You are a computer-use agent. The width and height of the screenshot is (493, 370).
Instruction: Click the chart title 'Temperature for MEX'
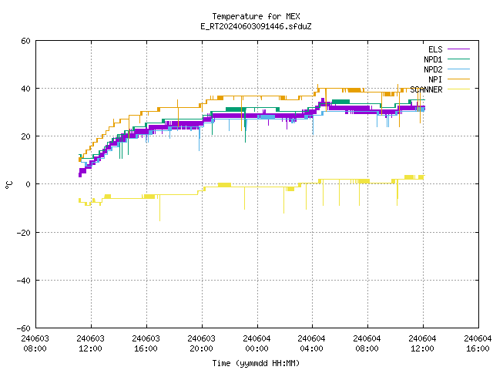point(256,16)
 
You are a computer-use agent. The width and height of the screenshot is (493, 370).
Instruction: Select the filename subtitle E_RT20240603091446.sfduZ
point(256,26)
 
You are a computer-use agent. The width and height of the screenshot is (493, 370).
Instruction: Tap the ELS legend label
point(435,49)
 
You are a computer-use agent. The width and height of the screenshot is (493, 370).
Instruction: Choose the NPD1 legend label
point(433,59)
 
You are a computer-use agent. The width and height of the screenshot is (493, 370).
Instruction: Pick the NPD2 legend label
point(433,69)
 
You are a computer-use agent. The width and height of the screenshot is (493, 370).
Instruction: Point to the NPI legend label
point(435,79)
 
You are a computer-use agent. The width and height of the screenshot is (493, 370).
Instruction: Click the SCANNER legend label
point(426,89)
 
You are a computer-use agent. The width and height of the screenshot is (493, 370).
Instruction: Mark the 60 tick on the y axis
point(25,41)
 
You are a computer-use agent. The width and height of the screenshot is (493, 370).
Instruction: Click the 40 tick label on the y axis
point(25,89)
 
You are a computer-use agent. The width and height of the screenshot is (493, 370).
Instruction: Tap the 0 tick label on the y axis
point(29,184)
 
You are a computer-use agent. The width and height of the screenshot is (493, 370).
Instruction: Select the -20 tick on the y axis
point(24,233)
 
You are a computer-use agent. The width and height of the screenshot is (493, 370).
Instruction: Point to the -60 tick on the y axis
point(24,328)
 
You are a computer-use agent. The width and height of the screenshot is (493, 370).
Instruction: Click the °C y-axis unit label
point(8,185)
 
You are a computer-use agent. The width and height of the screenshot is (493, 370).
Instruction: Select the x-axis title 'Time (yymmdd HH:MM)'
point(256,363)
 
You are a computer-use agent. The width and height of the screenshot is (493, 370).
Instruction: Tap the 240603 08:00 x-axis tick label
point(35,344)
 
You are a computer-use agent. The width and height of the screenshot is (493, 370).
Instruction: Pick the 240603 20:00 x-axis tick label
point(202,344)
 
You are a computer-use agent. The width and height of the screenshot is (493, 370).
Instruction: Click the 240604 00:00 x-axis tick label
point(257,344)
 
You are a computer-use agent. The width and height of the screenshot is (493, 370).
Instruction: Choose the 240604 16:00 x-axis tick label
point(478,344)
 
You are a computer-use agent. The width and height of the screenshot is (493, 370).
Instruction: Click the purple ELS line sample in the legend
point(458,49)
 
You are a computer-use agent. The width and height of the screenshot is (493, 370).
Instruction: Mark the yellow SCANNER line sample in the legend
point(458,89)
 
